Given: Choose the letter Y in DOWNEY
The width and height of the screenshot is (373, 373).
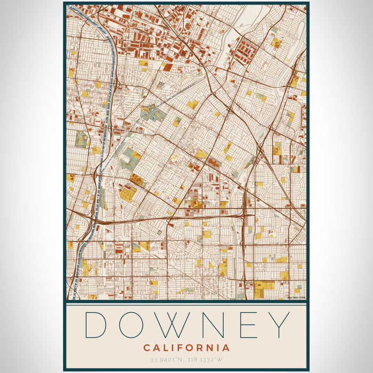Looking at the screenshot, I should [279, 325].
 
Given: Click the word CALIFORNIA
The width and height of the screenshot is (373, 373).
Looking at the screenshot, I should [186, 348].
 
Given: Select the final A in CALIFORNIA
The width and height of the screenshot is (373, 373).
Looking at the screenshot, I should [226, 348].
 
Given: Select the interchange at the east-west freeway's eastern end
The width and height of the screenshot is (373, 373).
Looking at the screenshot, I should [246, 213].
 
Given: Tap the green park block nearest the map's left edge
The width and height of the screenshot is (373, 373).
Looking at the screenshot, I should [81, 140].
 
